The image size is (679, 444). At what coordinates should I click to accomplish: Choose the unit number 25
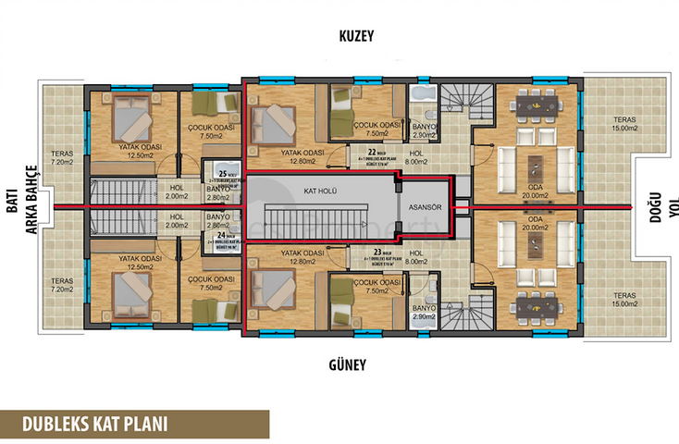[x=223, y=173]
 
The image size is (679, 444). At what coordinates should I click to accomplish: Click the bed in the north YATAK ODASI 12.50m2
[x=130, y=121]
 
